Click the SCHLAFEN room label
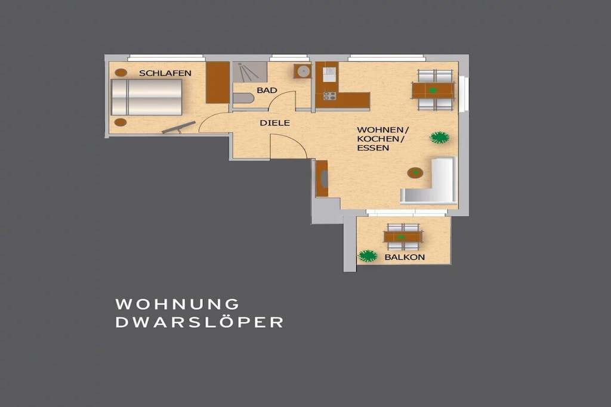pos(165,73)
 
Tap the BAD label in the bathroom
pos(267,90)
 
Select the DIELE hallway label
pos(274,123)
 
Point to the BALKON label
pos(405,257)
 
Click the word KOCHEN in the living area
pos(378,139)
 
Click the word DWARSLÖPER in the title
pos(199,322)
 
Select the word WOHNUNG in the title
pos(177,305)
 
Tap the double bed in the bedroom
pos(147,97)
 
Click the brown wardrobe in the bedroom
pos(217,82)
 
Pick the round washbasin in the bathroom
pos(303,71)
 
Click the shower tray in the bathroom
pos(250,72)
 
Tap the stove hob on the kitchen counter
pos(329,96)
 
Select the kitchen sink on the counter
pos(329,74)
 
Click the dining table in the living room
pos(433,91)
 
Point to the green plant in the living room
pos(440,137)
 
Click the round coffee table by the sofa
pos(415,172)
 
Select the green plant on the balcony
pos(368,256)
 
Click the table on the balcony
pos(403,237)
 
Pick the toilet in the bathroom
pos(243,98)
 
